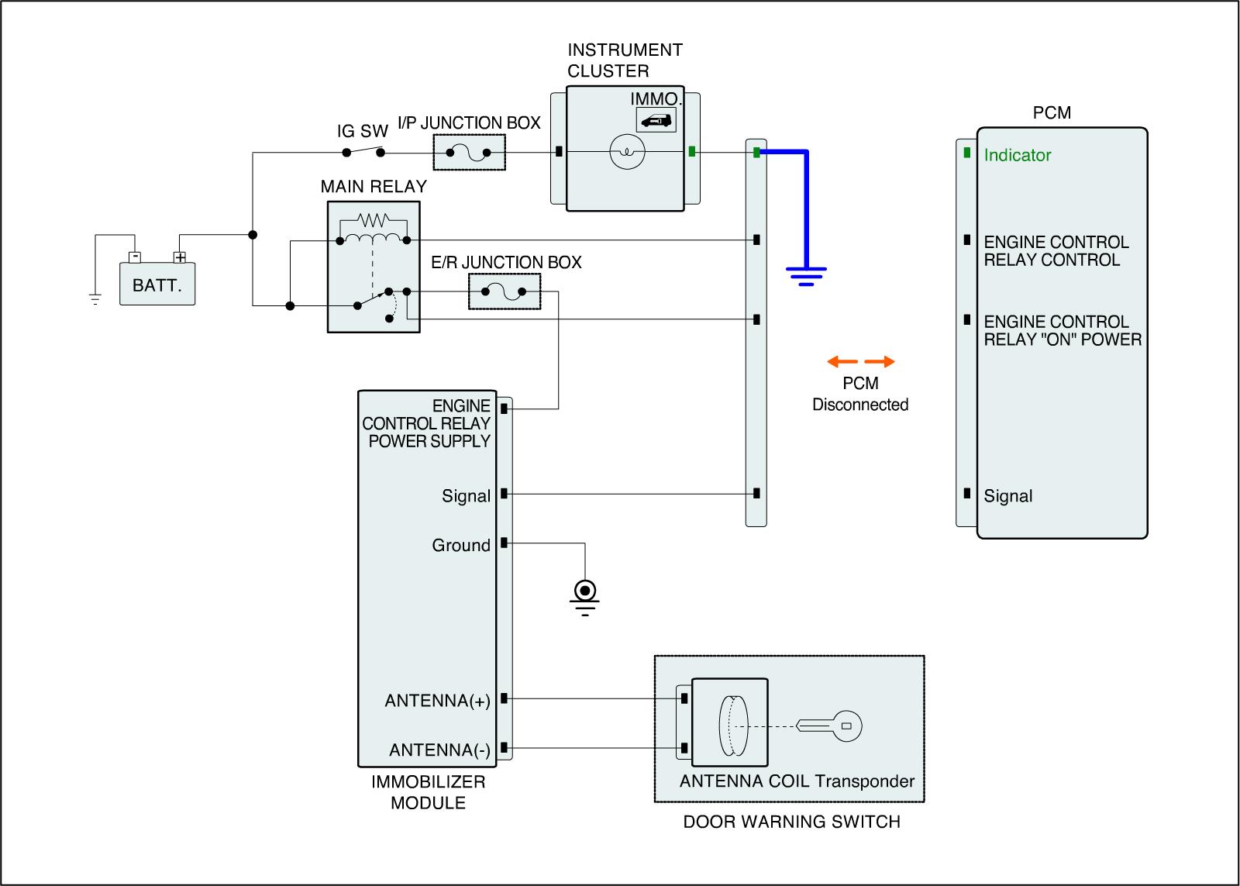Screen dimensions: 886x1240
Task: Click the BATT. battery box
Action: click(x=157, y=284)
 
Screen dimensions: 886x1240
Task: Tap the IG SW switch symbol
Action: click(x=362, y=152)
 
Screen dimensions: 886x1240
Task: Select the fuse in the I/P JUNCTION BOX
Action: click(x=469, y=152)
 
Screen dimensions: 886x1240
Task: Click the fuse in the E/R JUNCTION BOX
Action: click(x=504, y=292)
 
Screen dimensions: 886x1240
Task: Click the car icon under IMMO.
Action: click(x=656, y=120)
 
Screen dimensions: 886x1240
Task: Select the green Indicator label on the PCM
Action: click(x=1017, y=155)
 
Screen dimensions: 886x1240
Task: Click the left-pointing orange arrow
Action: click(x=842, y=361)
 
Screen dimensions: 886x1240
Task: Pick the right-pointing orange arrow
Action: click(x=880, y=361)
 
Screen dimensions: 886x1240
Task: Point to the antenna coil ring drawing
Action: click(x=732, y=726)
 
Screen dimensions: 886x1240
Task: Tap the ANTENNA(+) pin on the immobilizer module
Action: click(x=504, y=698)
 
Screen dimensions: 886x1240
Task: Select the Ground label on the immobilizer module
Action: click(x=461, y=546)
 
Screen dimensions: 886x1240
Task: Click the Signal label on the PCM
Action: click(x=1007, y=496)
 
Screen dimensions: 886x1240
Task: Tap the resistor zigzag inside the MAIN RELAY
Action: click(x=374, y=220)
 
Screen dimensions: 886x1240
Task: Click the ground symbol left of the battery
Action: click(x=95, y=298)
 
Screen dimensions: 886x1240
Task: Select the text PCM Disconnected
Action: click(x=860, y=394)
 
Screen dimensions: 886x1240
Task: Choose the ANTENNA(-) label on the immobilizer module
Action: click(x=439, y=750)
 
